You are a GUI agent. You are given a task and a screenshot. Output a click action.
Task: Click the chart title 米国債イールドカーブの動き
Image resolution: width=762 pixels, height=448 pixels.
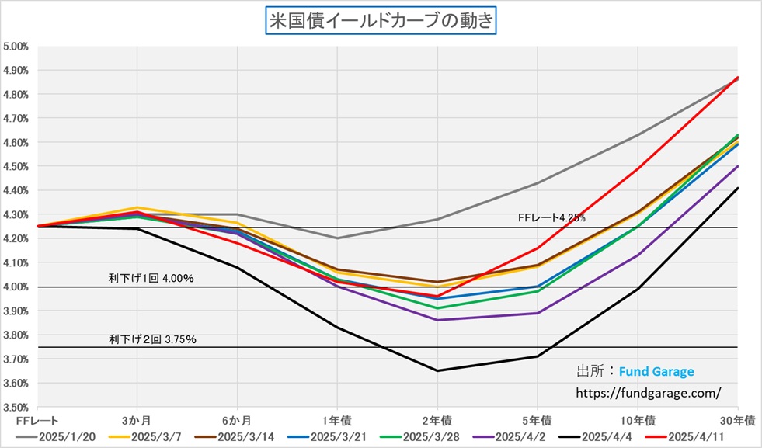[381, 21]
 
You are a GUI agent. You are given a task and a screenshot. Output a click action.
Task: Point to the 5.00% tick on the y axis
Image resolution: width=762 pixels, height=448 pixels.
[16, 46]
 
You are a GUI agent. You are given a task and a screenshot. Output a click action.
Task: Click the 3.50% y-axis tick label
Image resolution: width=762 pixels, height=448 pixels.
[16, 407]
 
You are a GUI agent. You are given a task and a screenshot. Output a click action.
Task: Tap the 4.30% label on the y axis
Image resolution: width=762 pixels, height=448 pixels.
[16, 214]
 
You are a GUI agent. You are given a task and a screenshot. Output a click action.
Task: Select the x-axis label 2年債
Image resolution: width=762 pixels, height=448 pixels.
[437, 419]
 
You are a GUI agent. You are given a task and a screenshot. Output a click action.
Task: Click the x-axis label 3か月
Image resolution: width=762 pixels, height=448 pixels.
[137, 419]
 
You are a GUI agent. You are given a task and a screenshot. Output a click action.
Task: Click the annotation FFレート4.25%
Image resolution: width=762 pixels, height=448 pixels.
[552, 218]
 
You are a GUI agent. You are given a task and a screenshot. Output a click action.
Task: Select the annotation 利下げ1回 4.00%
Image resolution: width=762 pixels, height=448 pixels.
[151, 277]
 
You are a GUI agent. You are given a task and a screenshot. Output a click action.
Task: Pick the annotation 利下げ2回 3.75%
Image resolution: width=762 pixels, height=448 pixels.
[152, 339]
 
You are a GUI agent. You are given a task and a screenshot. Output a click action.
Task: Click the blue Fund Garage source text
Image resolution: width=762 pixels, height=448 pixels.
[656, 371]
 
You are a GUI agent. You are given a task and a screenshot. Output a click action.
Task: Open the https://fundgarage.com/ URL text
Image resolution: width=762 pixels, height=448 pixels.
[648, 393]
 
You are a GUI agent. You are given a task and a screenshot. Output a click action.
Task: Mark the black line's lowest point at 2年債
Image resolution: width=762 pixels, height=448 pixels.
[437, 370]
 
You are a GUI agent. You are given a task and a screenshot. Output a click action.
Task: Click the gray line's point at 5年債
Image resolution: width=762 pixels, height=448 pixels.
[538, 183]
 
